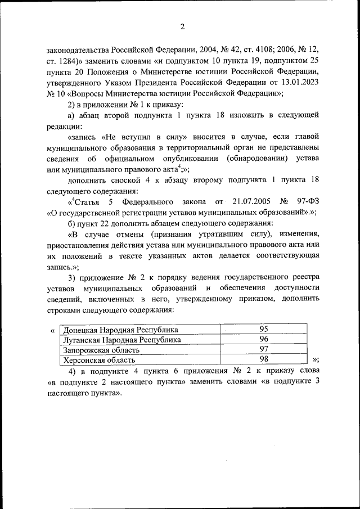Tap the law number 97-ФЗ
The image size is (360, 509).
(x=306, y=201)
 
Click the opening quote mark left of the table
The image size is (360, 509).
(x=52, y=330)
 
